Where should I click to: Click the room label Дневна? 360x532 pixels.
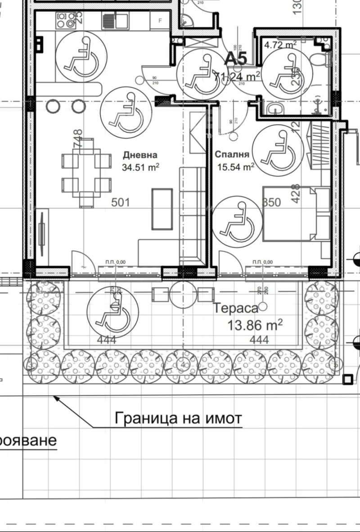point(140,155)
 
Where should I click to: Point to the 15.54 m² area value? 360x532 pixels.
point(235,167)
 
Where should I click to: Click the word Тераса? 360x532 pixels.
point(235,308)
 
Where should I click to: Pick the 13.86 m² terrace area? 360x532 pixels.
point(255,325)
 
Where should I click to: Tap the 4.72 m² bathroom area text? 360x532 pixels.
point(280,45)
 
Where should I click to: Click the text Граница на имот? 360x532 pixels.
point(178,419)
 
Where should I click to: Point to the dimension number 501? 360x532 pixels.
point(120,202)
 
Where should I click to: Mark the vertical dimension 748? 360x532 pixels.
point(78,139)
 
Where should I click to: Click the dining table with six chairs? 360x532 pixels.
point(86,172)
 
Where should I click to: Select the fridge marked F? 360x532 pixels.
point(160,20)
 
